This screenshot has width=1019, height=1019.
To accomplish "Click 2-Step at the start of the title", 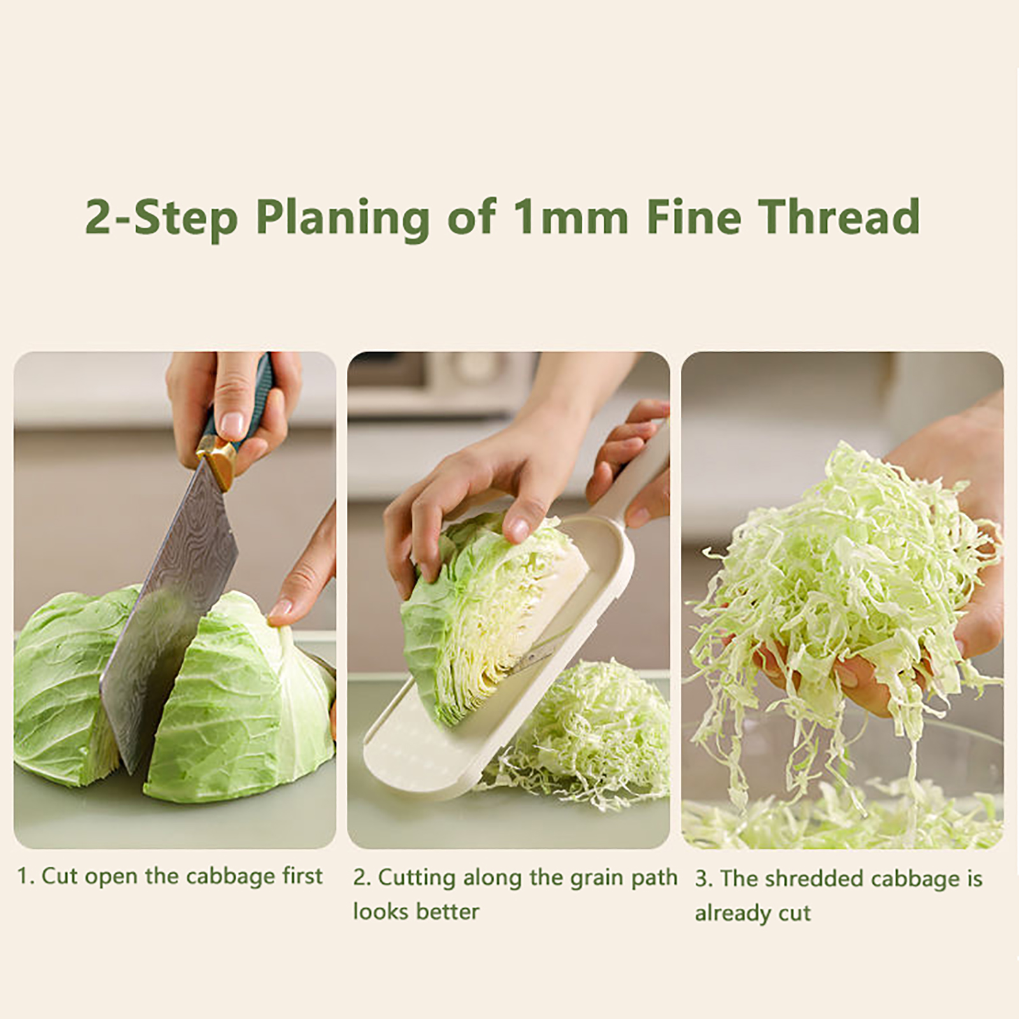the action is click(162, 218).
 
